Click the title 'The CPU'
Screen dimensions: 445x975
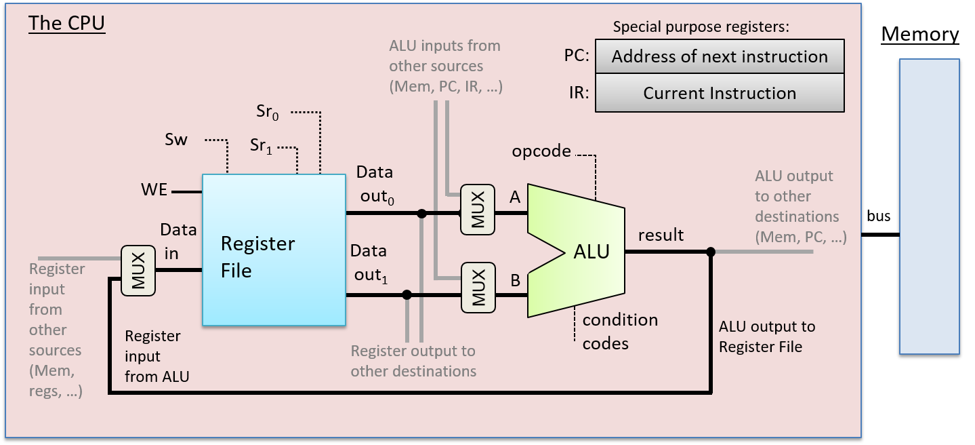point(67,24)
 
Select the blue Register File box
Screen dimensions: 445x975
point(274,250)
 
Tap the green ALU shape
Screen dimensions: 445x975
point(583,251)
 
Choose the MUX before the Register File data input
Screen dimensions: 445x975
point(138,271)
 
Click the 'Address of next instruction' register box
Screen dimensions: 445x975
point(720,56)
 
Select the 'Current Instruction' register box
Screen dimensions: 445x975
point(720,93)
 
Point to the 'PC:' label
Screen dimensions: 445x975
point(577,56)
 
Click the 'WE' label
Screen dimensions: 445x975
point(154,190)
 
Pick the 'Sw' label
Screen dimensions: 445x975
point(176,140)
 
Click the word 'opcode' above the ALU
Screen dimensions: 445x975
point(541,151)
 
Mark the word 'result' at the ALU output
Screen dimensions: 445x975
point(661,235)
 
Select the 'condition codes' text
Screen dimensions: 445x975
point(619,332)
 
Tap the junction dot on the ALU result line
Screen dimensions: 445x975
point(710,252)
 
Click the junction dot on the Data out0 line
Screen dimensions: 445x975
point(421,214)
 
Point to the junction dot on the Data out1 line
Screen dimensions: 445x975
point(407,295)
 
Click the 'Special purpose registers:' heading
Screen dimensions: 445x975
point(701,27)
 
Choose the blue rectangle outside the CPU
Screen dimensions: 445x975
point(930,206)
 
